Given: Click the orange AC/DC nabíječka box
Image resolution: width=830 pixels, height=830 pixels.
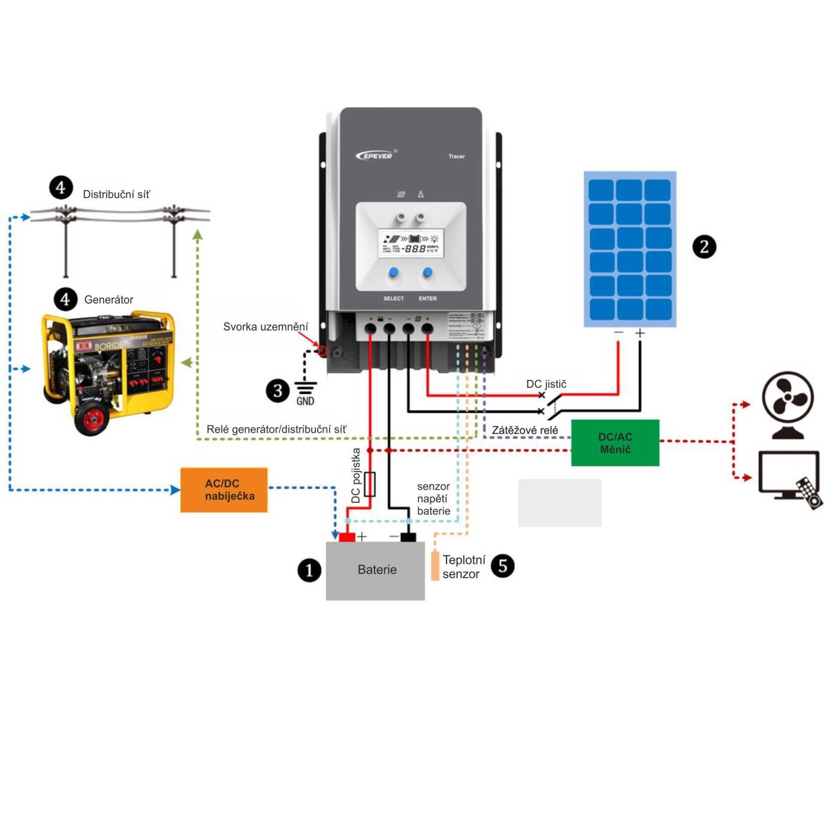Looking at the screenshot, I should [224, 490].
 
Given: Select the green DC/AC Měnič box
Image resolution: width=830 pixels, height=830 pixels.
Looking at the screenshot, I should [615, 443].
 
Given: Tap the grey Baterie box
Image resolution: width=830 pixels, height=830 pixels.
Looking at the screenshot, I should [376, 570].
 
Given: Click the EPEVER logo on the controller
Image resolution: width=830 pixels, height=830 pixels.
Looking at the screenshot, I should [375, 156].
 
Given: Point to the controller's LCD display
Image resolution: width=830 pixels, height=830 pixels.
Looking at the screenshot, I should [411, 243].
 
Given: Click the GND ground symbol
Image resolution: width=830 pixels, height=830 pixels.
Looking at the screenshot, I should [305, 388].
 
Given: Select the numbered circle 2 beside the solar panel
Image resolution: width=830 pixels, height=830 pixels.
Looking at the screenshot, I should [704, 247].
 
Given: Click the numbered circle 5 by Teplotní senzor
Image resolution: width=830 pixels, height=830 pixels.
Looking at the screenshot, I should [502, 566].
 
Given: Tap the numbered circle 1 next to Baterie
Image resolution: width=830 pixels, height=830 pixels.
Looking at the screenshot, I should [309, 570].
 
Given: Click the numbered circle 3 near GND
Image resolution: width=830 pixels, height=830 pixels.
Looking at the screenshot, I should [277, 391].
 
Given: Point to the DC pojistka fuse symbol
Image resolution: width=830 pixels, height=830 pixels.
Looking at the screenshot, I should [370, 484].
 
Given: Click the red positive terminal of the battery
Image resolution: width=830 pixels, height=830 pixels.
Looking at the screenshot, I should [347, 536].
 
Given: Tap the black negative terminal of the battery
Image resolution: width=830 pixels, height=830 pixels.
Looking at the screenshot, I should [408, 536].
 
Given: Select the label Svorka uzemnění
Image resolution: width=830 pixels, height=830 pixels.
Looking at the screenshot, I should [265, 327].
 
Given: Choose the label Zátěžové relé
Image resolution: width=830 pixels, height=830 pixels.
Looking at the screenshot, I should [524, 430].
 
